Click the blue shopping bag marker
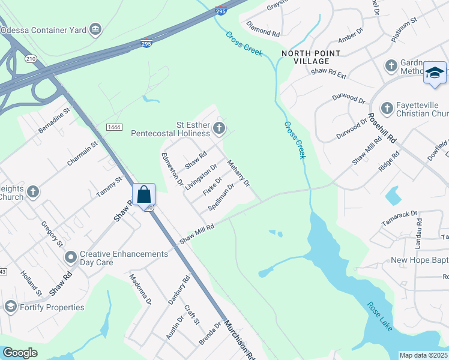click(143, 194)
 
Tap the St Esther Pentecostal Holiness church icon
click(220, 127)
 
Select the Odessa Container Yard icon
click(95, 29)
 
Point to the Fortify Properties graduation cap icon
click(10, 307)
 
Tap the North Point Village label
click(312, 57)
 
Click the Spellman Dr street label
click(221, 197)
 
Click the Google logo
click(20, 352)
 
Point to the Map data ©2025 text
click(423, 355)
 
